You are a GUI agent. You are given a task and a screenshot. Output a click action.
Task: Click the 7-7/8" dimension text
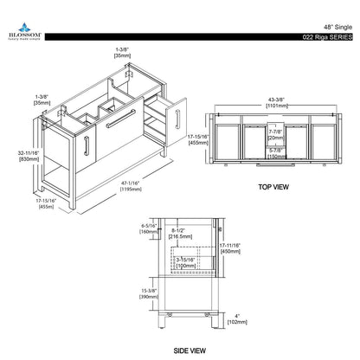point(274,132)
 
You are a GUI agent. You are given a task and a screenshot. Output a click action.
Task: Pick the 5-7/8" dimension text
point(274,151)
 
